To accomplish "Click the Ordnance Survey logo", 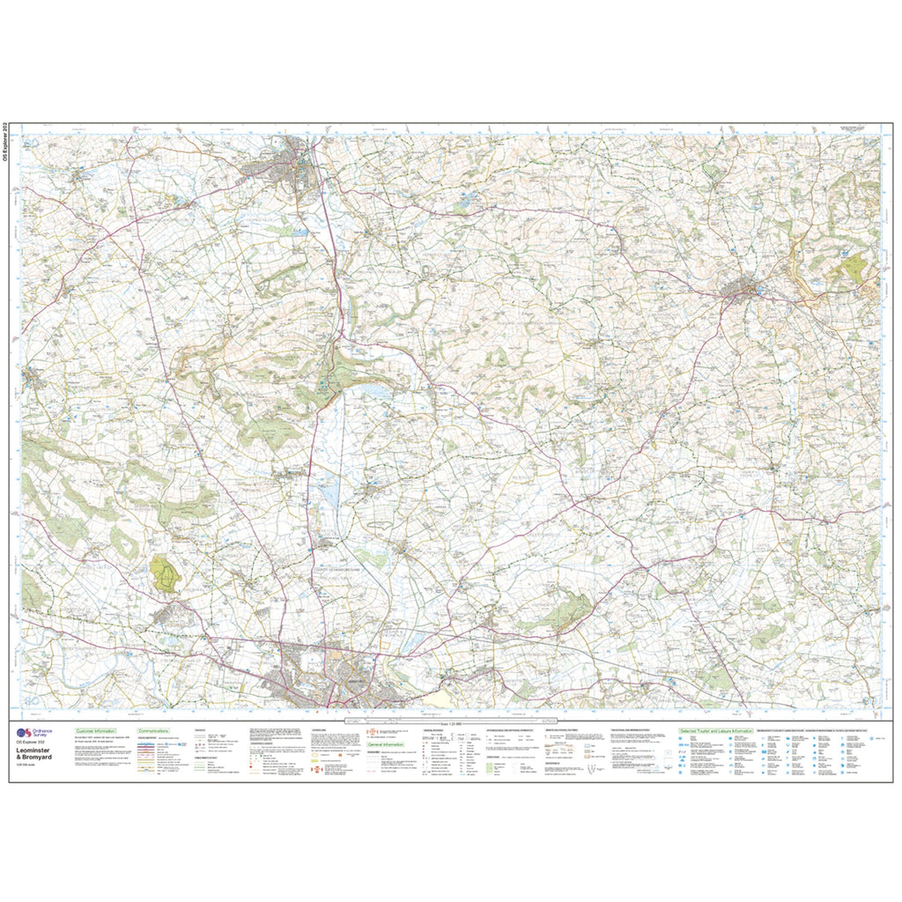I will point(34,732).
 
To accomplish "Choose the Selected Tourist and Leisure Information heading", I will point(715,731).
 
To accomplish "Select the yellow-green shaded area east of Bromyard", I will point(852,268).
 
